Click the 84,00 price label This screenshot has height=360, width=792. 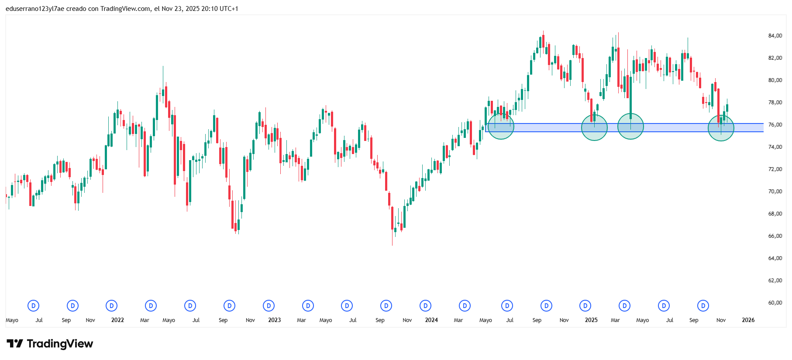775,36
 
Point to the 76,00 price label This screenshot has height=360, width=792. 775,125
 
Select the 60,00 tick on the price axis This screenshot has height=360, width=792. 775,303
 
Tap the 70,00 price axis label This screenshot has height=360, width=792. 775,192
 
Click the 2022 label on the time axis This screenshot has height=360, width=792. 117,320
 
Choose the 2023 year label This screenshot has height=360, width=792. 274,320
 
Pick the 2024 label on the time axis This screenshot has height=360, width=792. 431,320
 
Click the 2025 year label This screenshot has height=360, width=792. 591,320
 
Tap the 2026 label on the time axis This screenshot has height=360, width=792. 748,320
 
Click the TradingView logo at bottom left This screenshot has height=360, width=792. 50,344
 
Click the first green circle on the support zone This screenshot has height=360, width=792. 501,127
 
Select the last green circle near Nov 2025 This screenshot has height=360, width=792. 721,128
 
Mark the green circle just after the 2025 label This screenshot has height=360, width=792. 594,127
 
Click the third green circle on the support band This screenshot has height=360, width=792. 630,126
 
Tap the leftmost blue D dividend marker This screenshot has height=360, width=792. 34,306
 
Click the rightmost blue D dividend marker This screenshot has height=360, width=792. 703,306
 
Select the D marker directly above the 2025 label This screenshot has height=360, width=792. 585,306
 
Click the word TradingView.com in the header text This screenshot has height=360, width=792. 126,9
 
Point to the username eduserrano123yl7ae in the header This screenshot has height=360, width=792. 35,9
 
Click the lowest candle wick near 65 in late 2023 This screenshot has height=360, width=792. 392,243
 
